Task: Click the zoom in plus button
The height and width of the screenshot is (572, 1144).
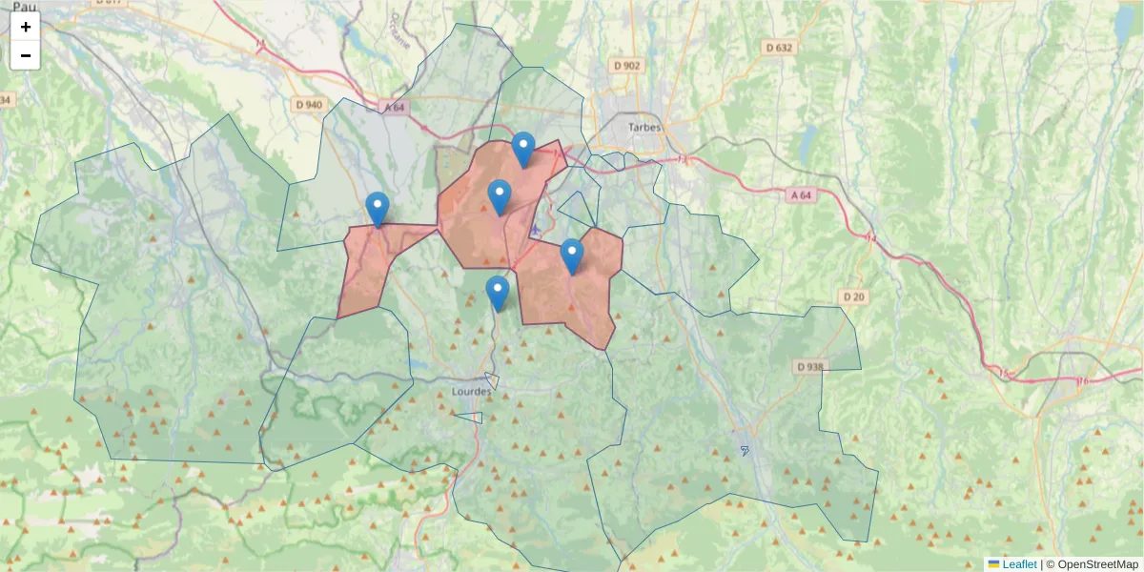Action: point(26,27)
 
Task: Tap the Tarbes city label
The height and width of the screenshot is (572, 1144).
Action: point(644,127)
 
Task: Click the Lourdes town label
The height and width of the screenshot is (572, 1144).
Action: point(472,391)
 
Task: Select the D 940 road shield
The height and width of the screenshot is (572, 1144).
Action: point(309,104)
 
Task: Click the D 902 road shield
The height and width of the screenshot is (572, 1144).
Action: point(627,65)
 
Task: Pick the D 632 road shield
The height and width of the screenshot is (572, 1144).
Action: point(779,47)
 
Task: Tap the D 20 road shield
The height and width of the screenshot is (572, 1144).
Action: point(854,296)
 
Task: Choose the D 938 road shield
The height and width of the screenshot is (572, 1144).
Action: point(809,366)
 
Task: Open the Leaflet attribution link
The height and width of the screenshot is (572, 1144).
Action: point(1018,564)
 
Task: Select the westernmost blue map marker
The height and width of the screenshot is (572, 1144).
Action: point(378,209)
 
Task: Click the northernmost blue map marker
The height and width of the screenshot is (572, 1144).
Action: point(522,149)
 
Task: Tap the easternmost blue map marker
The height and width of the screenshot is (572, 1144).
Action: point(571,255)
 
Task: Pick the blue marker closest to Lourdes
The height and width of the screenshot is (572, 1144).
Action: point(497,293)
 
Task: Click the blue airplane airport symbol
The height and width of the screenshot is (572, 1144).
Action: point(537,230)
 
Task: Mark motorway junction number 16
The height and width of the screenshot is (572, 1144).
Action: point(1082,380)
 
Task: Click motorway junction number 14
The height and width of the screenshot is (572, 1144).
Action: point(869,236)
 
